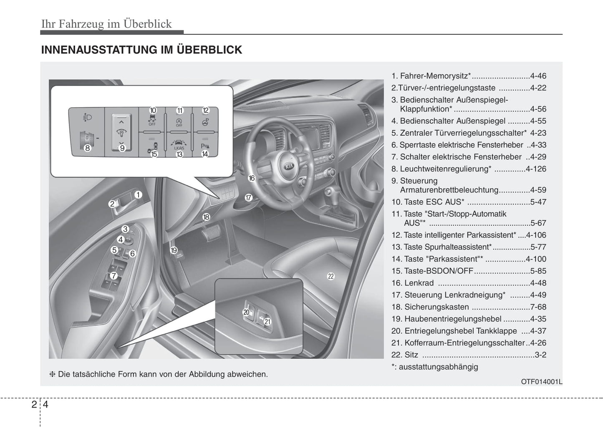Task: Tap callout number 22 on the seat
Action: click(331, 276)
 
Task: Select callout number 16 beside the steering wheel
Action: click(251, 178)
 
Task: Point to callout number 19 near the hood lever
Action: click(174, 250)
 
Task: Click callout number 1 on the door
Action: click(138, 194)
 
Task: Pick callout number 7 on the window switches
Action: click(114, 276)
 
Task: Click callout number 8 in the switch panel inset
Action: click(88, 148)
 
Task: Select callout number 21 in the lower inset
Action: click(267, 322)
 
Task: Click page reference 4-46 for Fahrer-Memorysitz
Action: click(538, 76)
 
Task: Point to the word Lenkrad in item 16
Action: click(419, 283)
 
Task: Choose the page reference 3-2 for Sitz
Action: click(540, 355)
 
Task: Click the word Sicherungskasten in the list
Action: click(436, 307)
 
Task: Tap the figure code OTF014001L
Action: click(541, 381)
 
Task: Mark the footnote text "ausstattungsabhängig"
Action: click(438, 367)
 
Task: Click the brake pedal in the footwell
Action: click(211, 232)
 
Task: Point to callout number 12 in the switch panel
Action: click(205, 111)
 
